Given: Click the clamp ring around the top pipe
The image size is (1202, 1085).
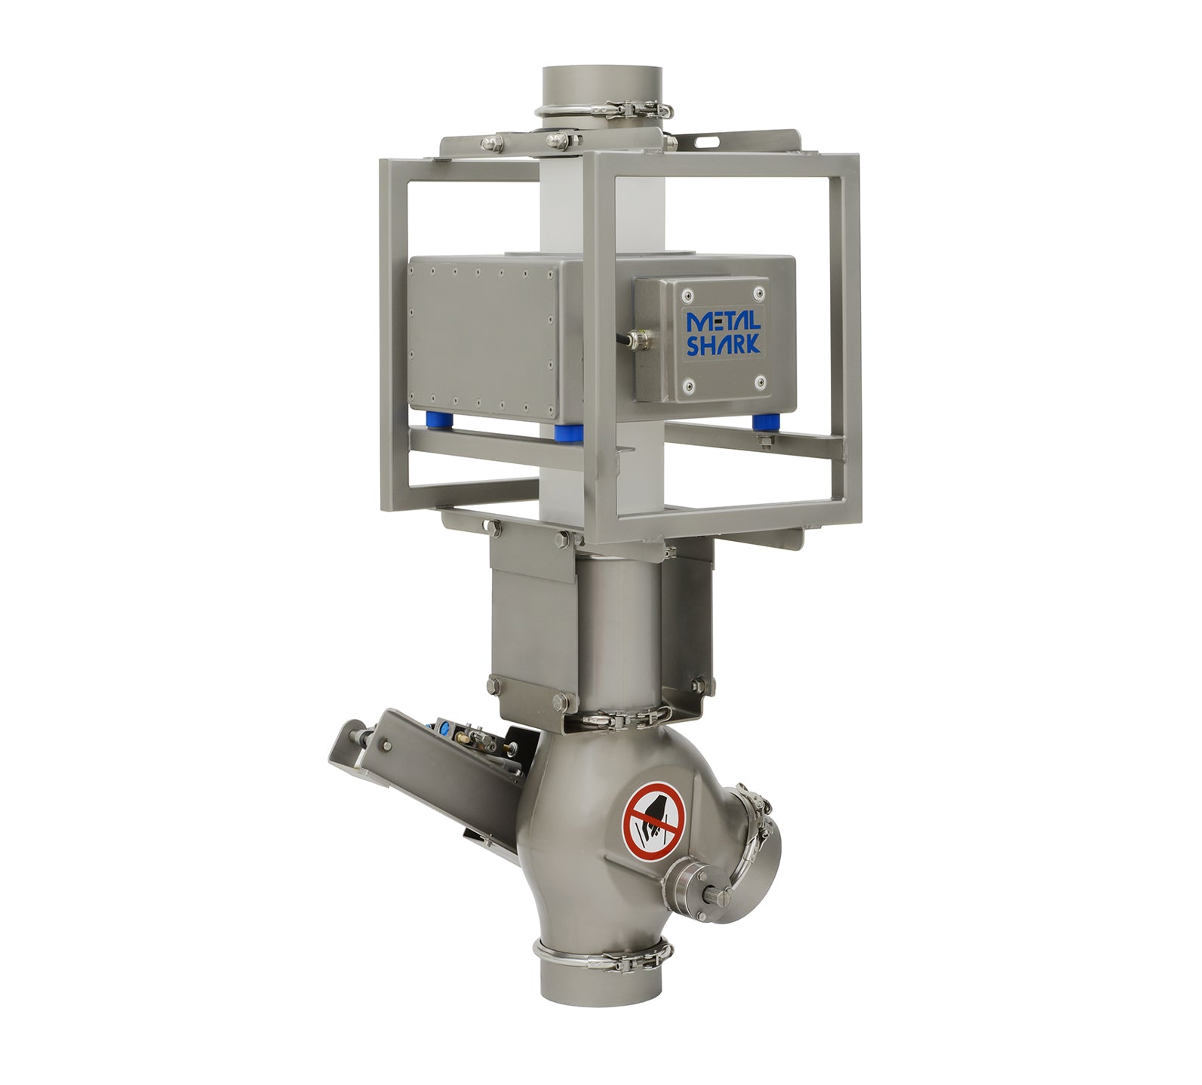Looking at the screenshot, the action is (x=604, y=112).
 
